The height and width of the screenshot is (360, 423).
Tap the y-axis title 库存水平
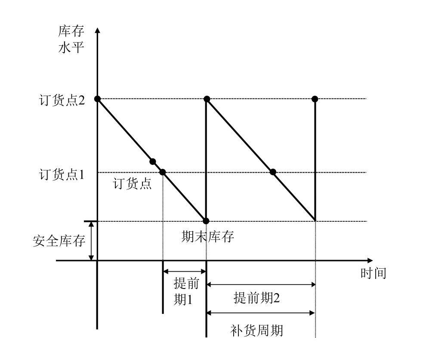click(x=71, y=39)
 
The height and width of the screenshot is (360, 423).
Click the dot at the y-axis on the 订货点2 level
click(x=98, y=99)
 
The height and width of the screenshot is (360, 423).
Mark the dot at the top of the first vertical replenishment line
click(x=207, y=99)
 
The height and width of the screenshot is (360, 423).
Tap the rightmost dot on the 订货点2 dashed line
click(x=315, y=99)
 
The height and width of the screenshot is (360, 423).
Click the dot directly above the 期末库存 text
click(x=206, y=221)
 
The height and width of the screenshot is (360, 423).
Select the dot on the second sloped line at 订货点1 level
click(x=273, y=172)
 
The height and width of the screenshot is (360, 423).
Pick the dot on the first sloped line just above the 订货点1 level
click(x=152, y=161)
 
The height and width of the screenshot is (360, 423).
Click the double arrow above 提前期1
click(x=185, y=271)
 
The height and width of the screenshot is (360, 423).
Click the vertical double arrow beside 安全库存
click(x=91, y=241)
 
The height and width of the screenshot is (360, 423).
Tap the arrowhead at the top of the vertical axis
click(x=98, y=30)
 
